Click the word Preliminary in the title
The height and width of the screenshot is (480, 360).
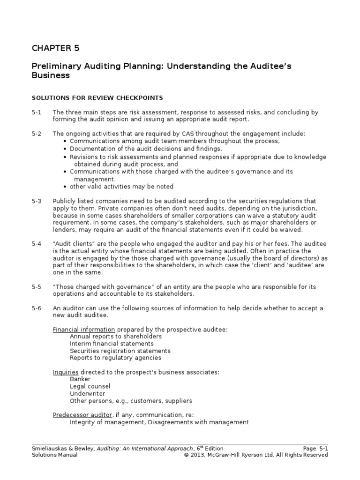(54, 66)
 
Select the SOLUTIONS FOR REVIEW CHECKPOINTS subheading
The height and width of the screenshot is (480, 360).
(97, 97)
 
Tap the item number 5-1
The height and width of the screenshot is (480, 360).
(37, 112)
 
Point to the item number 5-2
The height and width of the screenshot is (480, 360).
(37, 134)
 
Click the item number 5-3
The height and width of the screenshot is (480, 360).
(37, 201)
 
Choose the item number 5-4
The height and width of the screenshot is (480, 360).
(37, 245)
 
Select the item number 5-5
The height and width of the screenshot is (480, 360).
(37, 287)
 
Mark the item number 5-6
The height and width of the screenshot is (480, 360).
(37, 308)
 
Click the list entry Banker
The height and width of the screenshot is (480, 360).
(80, 379)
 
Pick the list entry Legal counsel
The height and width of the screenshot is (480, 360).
(90, 386)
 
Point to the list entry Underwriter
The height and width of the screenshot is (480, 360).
(87, 394)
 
